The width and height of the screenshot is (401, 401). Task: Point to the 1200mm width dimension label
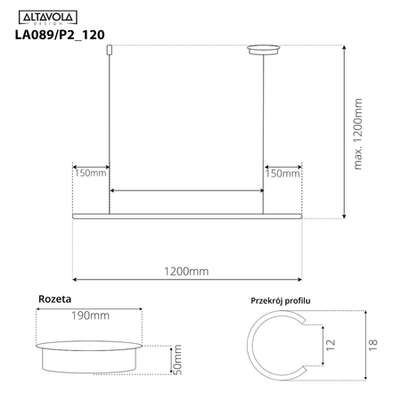point(187,270)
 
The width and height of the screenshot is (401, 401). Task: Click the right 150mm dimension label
point(283,173)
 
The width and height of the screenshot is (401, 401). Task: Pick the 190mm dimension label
point(91,315)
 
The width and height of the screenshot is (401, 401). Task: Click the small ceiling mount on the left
point(109,52)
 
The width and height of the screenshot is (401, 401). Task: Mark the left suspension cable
point(109,134)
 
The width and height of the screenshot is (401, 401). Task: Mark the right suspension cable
point(264,134)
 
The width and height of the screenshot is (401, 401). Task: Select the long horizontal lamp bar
point(187,216)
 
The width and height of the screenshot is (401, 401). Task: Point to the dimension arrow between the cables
point(186,191)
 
